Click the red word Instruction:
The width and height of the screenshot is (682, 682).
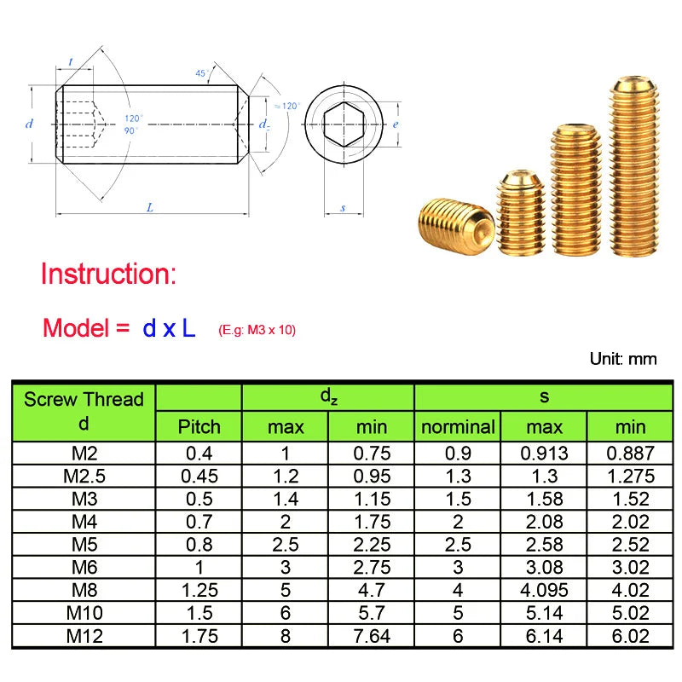(109, 274)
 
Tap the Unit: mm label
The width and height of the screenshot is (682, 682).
(622, 358)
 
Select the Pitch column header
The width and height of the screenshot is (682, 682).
(199, 426)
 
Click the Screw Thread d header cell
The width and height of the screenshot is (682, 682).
(84, 412)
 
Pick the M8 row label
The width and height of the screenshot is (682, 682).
(84, 590)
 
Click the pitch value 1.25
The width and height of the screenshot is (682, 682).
(199, 590)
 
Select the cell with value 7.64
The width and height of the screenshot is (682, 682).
(371, 636)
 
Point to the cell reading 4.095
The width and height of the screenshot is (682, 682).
(544, 590)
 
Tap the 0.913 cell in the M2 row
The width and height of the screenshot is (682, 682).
(544, 454)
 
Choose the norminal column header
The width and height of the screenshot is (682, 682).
(458, 426)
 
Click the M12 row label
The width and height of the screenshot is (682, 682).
(84, 636)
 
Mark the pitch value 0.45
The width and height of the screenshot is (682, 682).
(199, 476)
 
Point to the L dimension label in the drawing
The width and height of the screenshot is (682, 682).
(150, 207)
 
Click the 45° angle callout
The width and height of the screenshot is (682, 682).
(201, 73)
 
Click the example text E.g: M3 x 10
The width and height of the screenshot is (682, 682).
(257, 330)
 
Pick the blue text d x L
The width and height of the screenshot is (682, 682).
(169, 328)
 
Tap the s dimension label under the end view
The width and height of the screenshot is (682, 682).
(343, 207)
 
